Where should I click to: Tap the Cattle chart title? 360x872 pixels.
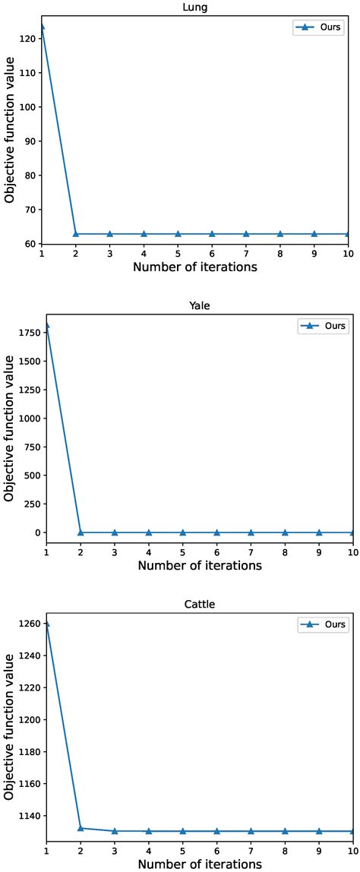pyautogui.click(x=200, y=605)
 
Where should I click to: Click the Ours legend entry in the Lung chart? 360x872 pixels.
pyautogui.click(x=319, y=28)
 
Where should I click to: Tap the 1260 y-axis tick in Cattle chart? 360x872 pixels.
pyautogui.click(x=27, y=624)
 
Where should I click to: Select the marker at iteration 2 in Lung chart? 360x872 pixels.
pyautogui.click(x=76, y=234)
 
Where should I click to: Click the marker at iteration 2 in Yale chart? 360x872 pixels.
pyautogui.click(x=81, y=532)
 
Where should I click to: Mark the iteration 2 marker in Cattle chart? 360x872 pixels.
pyautogui.click(x=81, y=828)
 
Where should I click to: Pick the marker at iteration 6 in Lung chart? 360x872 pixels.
pyautogui.click(x=212, y=234)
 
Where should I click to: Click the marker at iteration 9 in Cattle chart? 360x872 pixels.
pyautogui.click(x=319, y=831)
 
